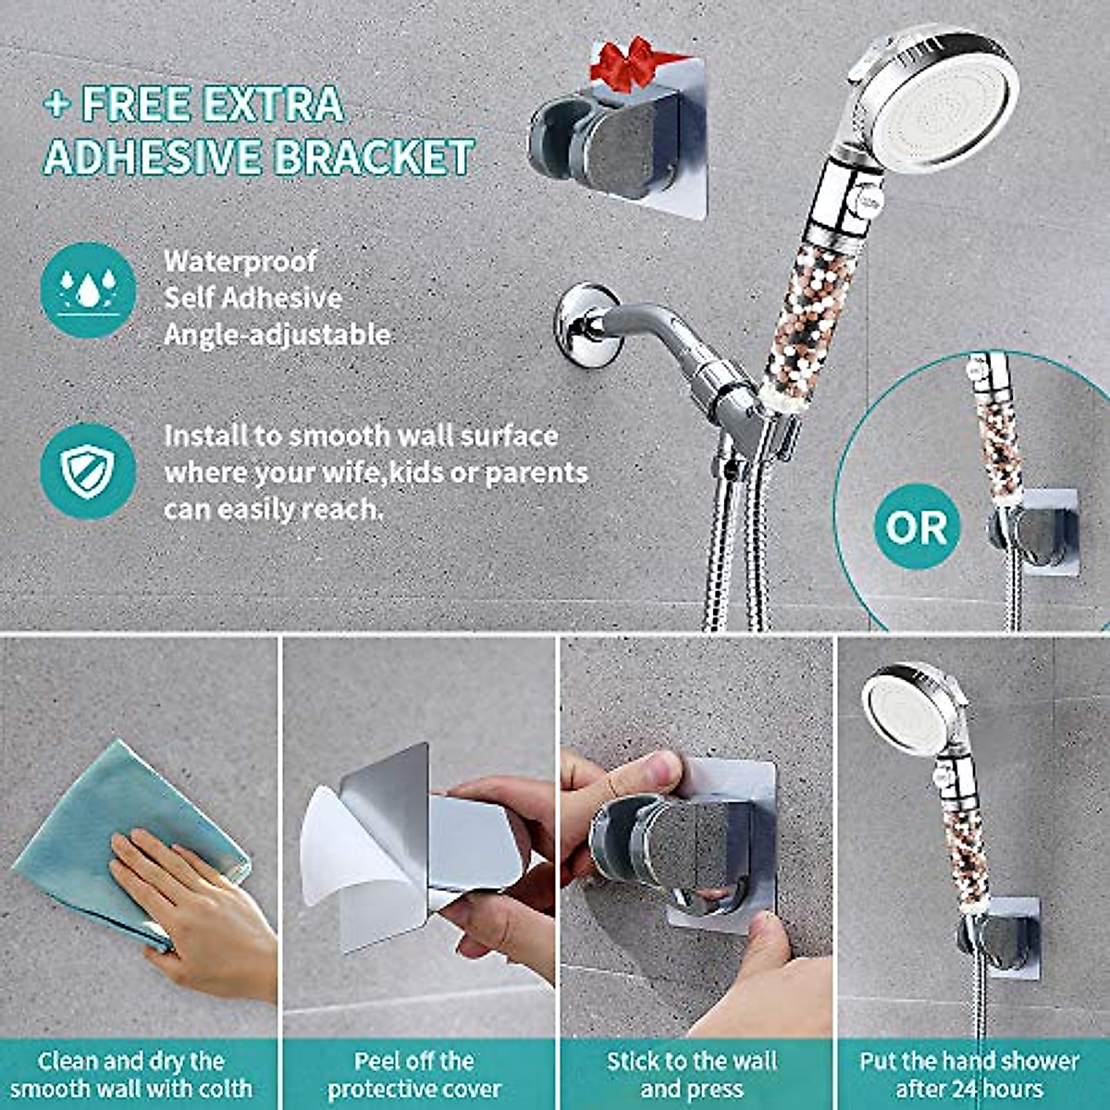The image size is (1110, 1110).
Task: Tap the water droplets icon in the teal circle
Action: point(88,290)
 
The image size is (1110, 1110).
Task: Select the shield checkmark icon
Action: point(88,472)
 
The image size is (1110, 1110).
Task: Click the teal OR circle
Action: point(916,527)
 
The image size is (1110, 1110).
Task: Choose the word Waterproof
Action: point(240,262)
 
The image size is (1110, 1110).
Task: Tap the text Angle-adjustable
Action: point(277,334)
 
